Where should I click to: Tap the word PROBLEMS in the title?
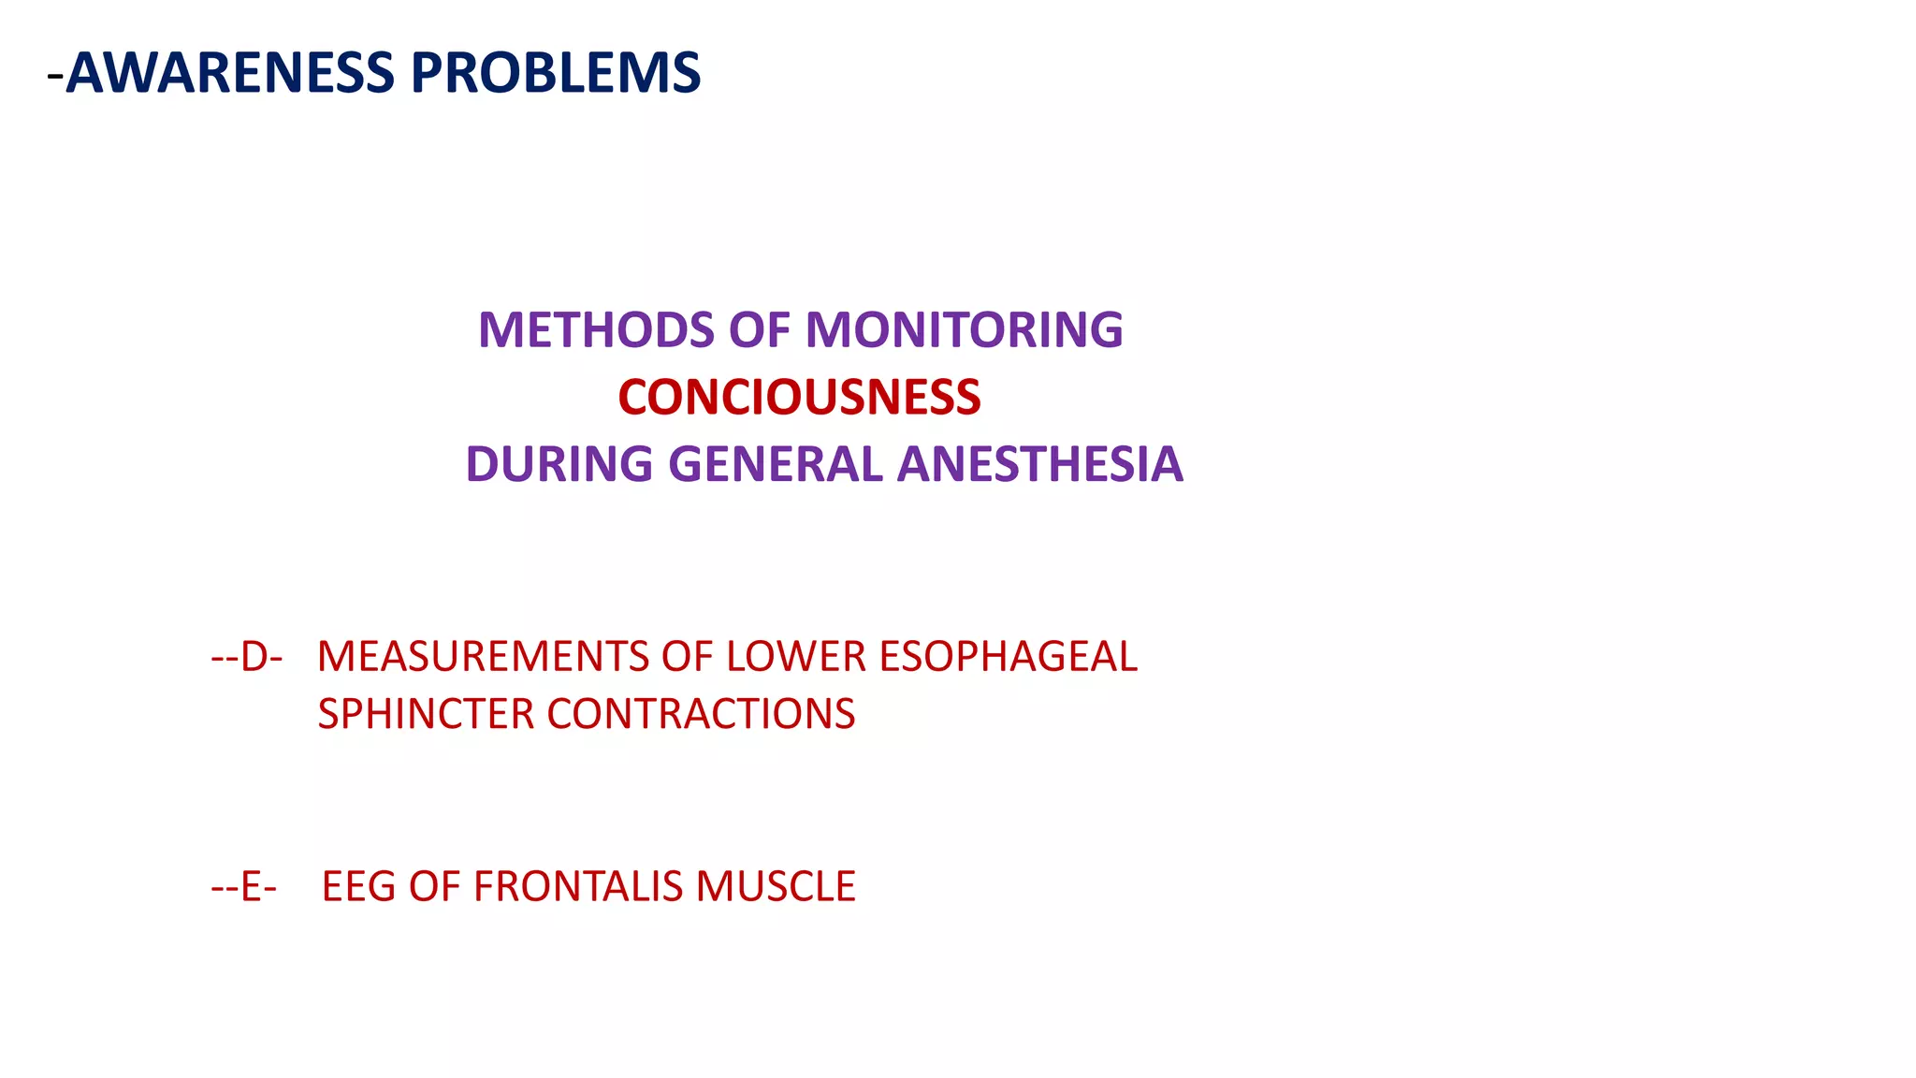point(556,73)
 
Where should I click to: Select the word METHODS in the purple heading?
point(597,330)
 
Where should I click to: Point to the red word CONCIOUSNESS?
point(799,398)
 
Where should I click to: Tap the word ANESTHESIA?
point(1039,465)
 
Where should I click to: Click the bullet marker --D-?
point(247,657)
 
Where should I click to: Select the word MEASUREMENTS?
point(485,657)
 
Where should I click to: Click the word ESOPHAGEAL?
point(1008,657)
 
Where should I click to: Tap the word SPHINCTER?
point(426,715)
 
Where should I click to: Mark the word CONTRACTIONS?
point(701,715)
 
